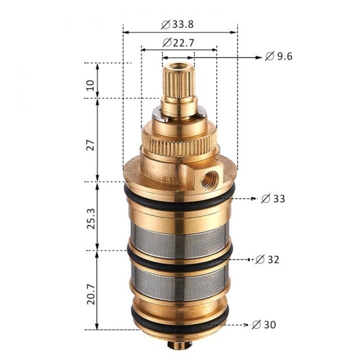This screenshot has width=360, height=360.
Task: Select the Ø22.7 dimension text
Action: (178, 42)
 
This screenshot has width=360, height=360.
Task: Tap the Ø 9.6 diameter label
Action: (279, 56)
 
